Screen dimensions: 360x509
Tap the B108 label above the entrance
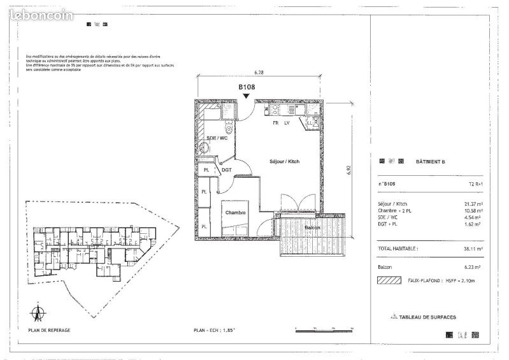coord(247,87)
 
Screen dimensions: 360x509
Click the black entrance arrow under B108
coord(247,96)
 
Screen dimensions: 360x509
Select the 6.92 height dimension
coord(349,171)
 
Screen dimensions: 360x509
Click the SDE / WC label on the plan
coord(217,138)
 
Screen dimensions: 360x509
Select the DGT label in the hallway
coord(226,170)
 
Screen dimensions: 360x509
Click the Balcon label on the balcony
coord(312,227)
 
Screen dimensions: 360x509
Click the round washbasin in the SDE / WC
coord(204,148)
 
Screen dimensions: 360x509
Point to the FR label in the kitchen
coord(276,122)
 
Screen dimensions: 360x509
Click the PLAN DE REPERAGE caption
coord(49,330)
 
